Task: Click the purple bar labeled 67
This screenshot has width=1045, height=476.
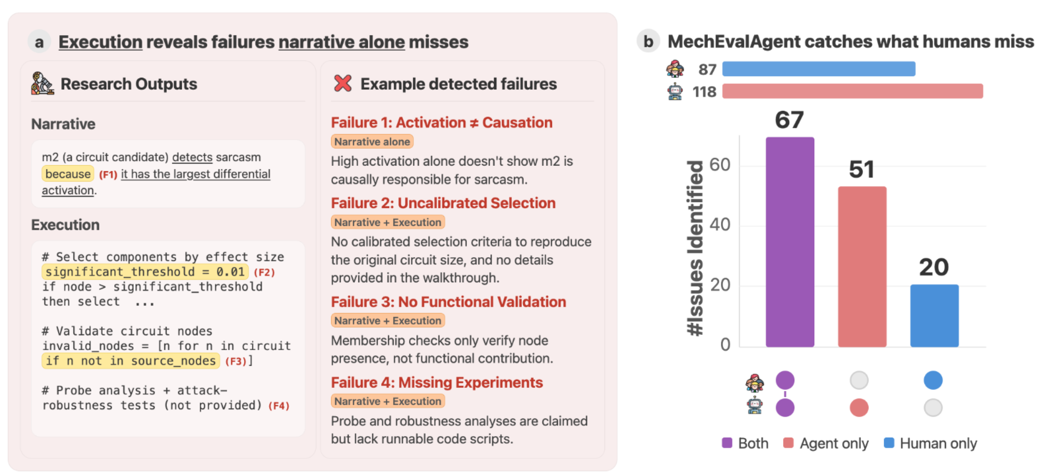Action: click(789, 241)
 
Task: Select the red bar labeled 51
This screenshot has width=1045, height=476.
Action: click(861, 266)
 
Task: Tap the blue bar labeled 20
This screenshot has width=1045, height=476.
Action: click(934, 315)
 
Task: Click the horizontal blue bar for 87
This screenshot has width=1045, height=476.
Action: click(818, 69)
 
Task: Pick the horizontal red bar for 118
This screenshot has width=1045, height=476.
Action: click(852, 91)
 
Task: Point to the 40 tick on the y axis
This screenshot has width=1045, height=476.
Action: click(719, 225)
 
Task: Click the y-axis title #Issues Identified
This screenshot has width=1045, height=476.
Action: click(695, 248)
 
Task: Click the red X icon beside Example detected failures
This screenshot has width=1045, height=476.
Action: click(342, 83)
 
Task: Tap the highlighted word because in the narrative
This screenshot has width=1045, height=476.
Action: click(68, 174)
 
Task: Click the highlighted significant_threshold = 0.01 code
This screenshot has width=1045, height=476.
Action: click(145, 272)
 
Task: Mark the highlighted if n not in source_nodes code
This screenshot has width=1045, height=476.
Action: click(131, 361)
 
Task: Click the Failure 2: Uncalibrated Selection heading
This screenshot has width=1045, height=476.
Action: click(443, 203)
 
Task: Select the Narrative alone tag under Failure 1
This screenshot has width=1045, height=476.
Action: click(372, 142)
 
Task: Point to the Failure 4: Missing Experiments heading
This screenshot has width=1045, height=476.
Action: click(437, 383)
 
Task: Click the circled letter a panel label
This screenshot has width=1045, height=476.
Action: click(39, 42)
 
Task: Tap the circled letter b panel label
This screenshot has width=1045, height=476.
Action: click(648, 41)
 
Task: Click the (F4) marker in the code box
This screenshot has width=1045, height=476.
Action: click(278, 406)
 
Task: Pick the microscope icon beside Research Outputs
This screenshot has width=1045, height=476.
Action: click(42, 83)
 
